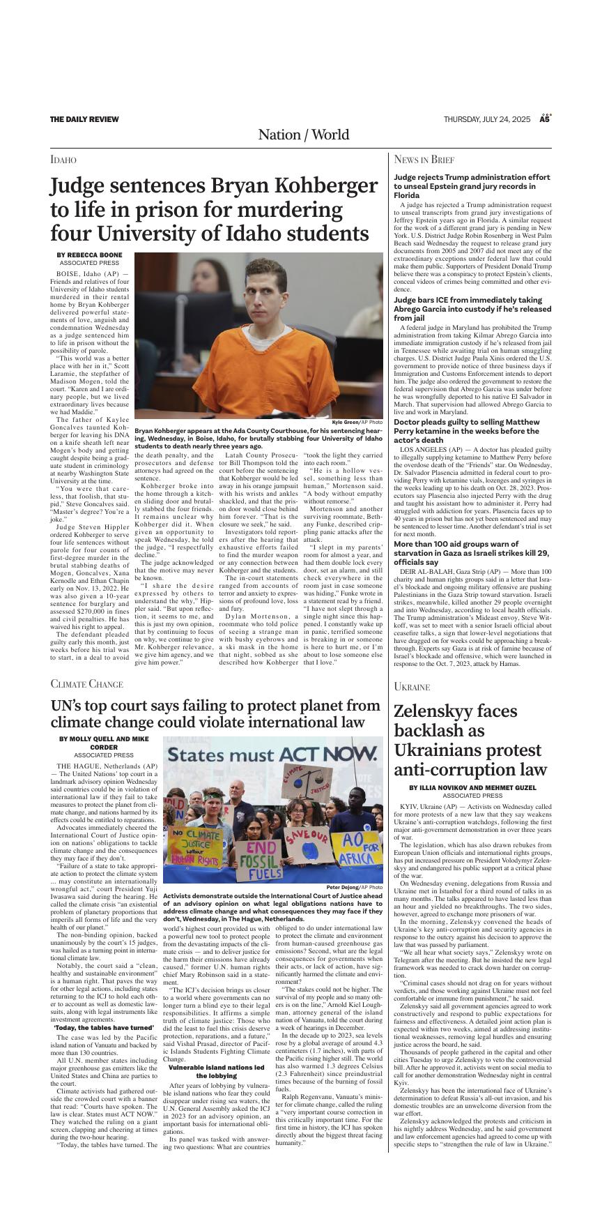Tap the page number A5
tap(545, 119)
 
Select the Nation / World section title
tap(303, 135)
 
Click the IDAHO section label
tap(63, 160)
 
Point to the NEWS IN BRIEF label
tap(424, 160)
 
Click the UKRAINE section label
tap(411, 687)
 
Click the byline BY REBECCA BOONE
tap(89, 255)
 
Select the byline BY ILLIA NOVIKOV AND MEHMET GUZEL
tap(472, 787)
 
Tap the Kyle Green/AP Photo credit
tap(357, 423)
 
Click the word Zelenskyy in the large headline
tap(455, 711)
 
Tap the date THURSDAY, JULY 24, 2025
tap(487, 119)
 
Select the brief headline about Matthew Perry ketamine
tap(466, 431)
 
